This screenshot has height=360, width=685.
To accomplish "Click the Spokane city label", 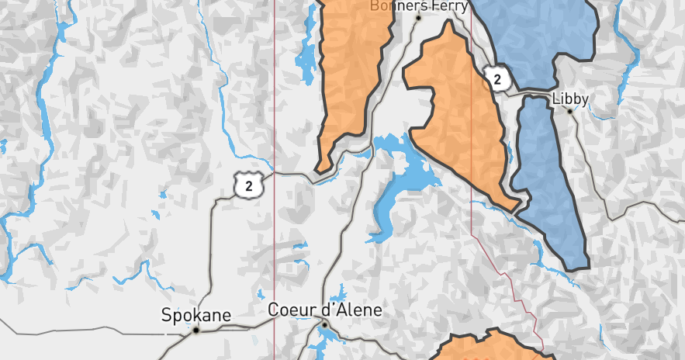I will coord(196,315).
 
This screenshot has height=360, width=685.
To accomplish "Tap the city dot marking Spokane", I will coord(196,330).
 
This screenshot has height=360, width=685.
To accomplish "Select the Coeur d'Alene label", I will coord(325,310).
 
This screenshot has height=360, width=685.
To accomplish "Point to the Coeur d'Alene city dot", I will coord(326,324).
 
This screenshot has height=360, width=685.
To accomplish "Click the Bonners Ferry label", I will coord(419,6).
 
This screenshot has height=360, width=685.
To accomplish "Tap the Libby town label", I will coord(570,99).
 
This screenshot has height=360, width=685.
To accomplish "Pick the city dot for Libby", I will coord(570,111).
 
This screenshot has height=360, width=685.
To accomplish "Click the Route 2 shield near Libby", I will coord(497,78).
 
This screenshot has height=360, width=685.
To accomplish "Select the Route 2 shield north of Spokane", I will coord(249,185).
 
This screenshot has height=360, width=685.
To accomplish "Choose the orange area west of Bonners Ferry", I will coord(353,70).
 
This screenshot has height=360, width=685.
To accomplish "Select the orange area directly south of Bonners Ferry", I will coord(458,116).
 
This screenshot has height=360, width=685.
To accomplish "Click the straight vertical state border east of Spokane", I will coord(275,233).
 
